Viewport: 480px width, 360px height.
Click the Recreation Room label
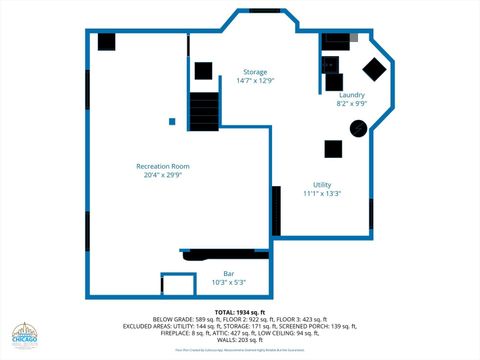click(163, 166)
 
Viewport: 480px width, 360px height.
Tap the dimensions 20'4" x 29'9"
click(163, 176)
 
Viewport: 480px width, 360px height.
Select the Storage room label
click(255, 72)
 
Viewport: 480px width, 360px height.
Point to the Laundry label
click(351, 95)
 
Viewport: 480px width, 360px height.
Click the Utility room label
click(322, 185)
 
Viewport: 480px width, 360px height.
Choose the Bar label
click(228, 274)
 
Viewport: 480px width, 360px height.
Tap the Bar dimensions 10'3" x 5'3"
click(228, 283)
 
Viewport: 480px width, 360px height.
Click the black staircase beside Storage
click(204, 107)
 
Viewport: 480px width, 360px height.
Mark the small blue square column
click(172, 122)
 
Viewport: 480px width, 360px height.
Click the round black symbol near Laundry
click(357, 128)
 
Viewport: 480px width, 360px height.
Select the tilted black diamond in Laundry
click(374, 69)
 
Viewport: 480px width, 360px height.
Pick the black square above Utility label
click(334, 149)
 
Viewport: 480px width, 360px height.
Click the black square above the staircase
click(203, 71)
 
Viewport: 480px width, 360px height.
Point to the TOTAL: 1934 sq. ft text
click(240, 313)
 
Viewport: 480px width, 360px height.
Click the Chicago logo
click(25, 336)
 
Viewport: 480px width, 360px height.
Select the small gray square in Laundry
click(353, 37)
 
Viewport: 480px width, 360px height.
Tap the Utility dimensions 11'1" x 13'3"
click(322, 194)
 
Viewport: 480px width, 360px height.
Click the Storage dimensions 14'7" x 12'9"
click(255, 81)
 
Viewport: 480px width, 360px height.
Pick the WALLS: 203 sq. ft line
click(240, 340)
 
